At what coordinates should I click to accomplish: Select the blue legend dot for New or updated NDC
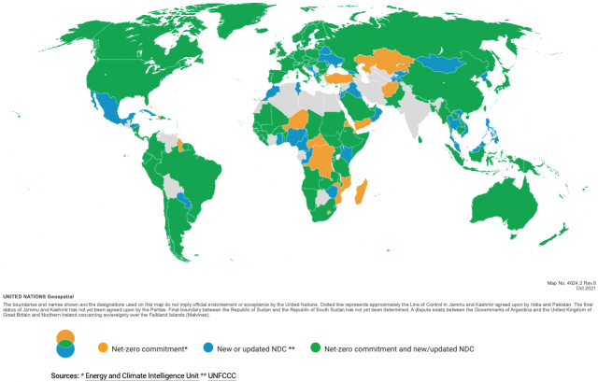204,322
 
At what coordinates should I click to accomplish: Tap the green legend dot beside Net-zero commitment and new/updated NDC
315,322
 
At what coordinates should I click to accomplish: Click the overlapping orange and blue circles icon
65,318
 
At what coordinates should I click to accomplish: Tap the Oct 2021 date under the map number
586,287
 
